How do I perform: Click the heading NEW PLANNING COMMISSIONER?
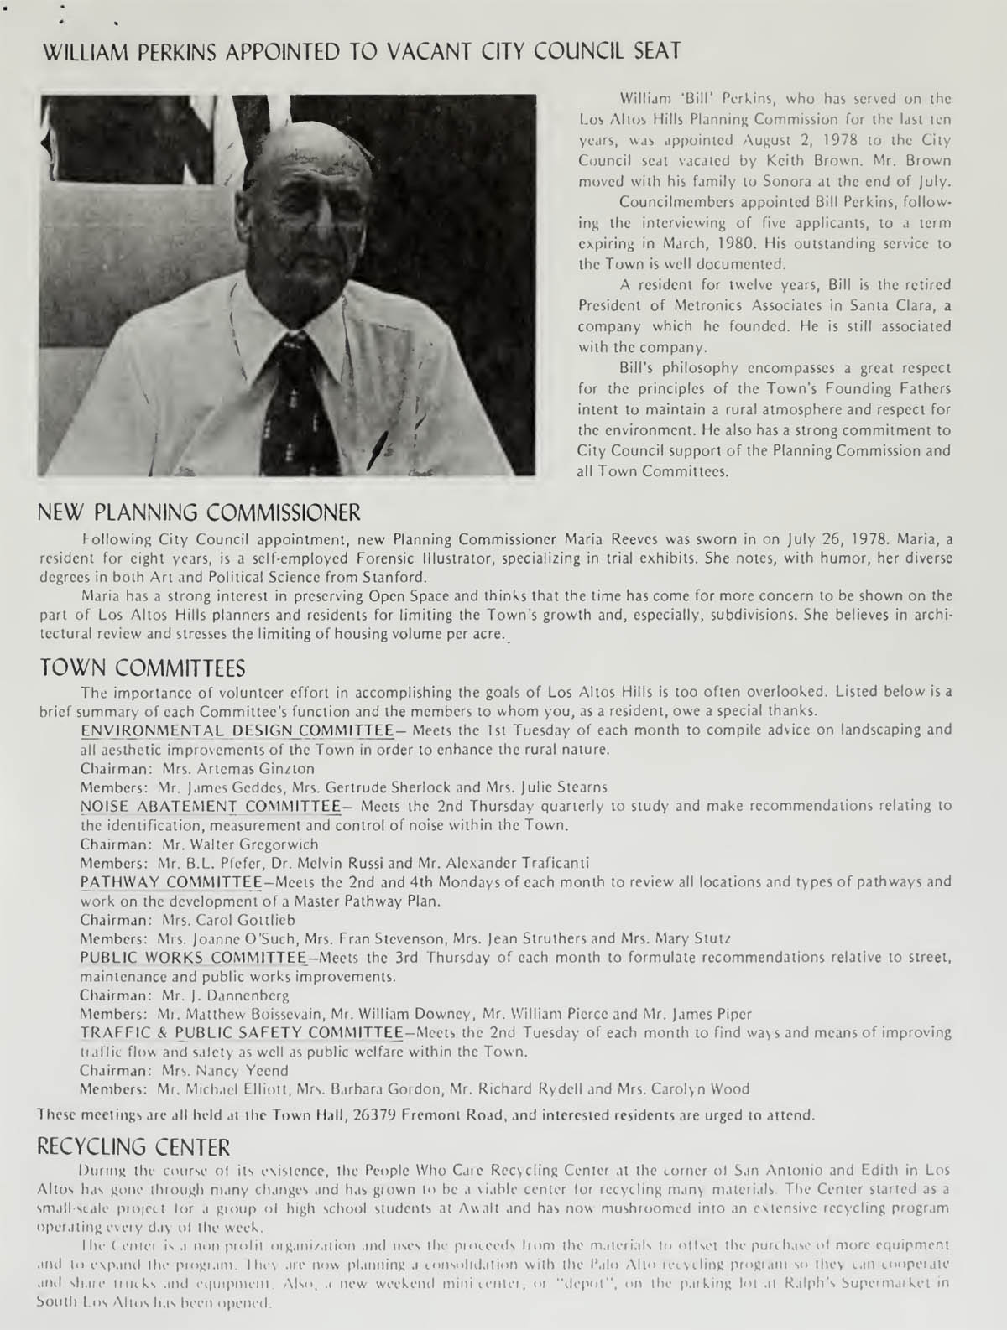[201, 510]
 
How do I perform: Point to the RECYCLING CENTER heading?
[134, 1146]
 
